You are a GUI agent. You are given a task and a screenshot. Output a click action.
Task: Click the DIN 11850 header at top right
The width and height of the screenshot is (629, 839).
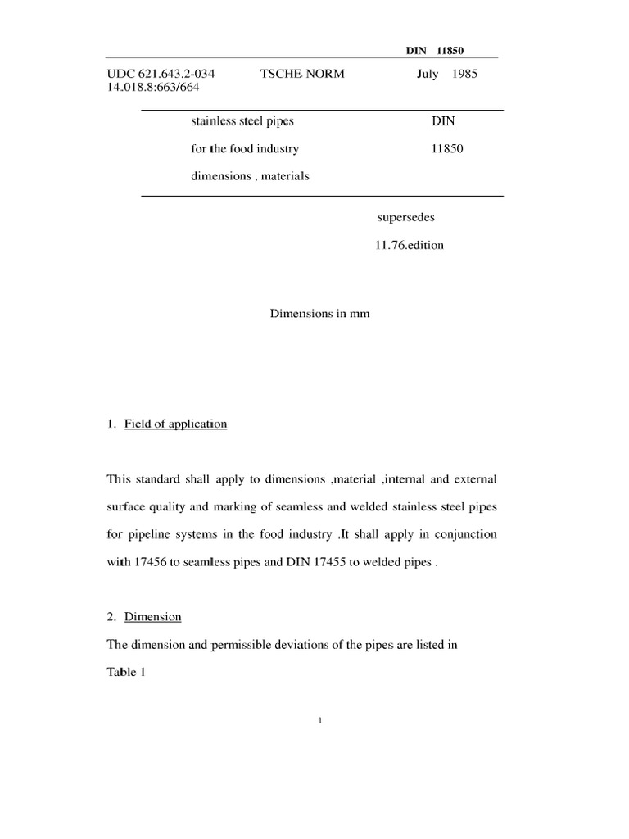[x=435, y=51]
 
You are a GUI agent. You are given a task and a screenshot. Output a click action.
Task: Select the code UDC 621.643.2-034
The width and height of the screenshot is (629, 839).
[x=155, y=74]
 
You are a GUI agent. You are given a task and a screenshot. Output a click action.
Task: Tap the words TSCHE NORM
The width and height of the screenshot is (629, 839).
[x=302, y=74]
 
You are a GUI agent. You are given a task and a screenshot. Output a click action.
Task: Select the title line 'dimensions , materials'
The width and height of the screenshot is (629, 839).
[x=250, y=175]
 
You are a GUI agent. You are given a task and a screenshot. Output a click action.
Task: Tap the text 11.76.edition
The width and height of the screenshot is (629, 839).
[x=410, y=244]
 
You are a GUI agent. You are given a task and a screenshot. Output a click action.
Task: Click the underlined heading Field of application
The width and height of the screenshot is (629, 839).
[x=175, y=424]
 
